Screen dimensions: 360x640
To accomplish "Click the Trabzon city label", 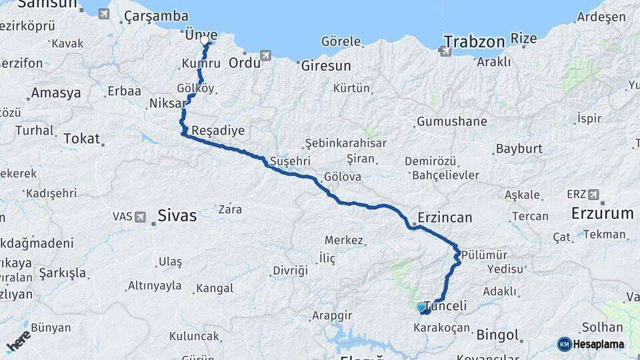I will point(474,42).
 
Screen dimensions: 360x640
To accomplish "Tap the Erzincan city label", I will point(445,217).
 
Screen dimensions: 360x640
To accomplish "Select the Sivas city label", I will point(177,215).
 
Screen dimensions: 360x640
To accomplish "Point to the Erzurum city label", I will point(602,213).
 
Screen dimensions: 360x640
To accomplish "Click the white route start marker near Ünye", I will point(205,41).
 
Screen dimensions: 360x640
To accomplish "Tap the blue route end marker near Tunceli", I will point(421,307).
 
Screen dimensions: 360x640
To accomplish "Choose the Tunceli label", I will point(446,306).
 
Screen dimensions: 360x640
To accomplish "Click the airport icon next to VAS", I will point(140,217).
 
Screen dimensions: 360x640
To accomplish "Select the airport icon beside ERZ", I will point(593,195).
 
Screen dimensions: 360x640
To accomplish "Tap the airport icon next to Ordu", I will point(266,55).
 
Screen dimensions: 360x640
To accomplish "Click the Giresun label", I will point(325,66).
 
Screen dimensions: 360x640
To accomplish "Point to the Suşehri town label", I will point(290,161).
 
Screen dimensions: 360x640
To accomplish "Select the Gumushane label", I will point(451,122).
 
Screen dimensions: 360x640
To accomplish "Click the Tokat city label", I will point(81,139).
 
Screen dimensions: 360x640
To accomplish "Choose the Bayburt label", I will point(520,149).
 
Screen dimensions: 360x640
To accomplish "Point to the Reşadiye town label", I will point(218,131).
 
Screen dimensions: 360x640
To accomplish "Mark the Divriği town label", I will point(290,271).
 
